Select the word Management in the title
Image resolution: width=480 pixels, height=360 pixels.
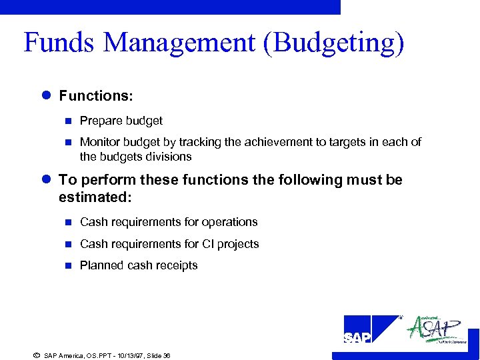[x=179, y=43]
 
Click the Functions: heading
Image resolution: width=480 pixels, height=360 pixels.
[x=96, y=96]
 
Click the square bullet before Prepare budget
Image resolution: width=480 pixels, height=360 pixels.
[x=67, y=121]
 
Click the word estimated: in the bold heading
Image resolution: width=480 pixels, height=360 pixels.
[x=95, y=197]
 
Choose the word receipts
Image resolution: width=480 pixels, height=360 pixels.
[x=176, y=265]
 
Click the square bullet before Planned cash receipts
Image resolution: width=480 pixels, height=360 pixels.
[x=67, y=265]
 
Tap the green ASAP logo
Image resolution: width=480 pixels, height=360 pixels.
[x=436, y=329]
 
